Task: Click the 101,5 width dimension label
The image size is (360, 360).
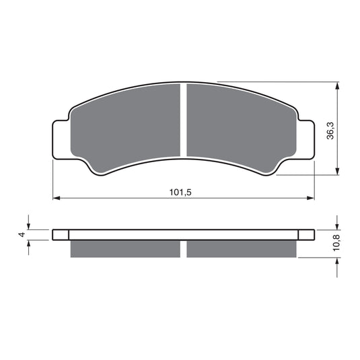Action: (181, 192)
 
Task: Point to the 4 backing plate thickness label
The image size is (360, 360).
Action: (22, 234)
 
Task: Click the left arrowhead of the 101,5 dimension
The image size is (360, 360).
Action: (57, 199)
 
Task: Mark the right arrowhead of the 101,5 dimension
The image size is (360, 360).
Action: (311, 199)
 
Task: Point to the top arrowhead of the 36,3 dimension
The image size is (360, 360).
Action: (336, 86)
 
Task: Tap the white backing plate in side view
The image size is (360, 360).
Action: (183, 234)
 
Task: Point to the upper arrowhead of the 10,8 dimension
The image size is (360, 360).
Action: (336, 225)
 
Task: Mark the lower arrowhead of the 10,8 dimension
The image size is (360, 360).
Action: (336, 261)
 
